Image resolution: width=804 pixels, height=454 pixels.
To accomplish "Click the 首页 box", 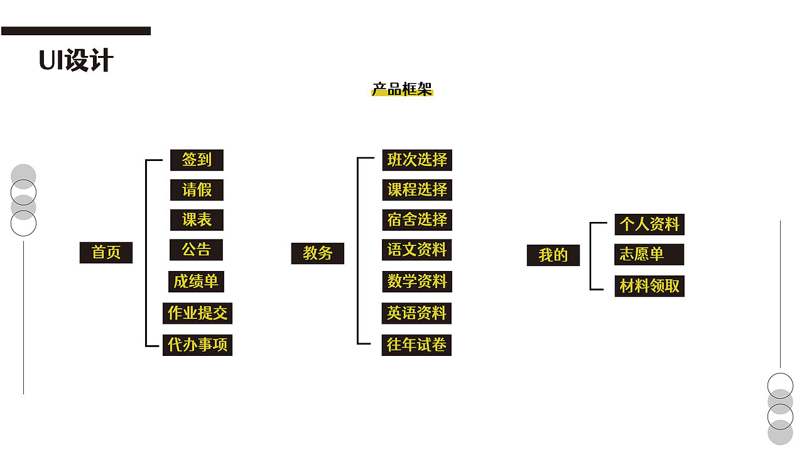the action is point(106,253).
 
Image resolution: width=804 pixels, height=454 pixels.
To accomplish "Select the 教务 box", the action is point(318,253).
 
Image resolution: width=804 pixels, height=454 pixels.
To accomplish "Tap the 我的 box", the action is point(553,255).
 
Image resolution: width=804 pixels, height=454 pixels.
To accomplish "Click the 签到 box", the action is point(197,160).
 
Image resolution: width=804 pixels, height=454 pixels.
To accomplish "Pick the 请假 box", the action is point(197,190).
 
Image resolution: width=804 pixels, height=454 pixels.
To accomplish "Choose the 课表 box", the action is point(197,220).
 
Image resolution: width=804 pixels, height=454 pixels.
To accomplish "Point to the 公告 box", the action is point(197,250).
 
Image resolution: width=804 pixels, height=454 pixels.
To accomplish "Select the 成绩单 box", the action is point(196,282).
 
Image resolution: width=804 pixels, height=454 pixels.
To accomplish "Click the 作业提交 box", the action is point(197,313).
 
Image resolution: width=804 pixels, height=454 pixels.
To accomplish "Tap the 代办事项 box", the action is point(197,345).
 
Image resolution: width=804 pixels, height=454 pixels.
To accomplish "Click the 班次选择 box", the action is point(417,160).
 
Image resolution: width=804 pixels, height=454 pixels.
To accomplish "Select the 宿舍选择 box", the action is point(417,220).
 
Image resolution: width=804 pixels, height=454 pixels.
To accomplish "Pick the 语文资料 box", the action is point(416,250).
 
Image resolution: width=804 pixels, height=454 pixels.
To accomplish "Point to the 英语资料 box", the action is point(416,313).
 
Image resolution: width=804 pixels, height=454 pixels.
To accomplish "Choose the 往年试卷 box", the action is point(416,345).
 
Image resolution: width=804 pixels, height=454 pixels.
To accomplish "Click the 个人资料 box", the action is point(649,224).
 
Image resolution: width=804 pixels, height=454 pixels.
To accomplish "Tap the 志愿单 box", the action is point(649,254).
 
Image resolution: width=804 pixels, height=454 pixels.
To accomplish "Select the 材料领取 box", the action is point(649,286).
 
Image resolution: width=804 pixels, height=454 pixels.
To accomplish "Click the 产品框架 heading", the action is point(402,89).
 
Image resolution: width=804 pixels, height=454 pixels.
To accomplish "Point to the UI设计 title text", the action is point(76,60).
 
